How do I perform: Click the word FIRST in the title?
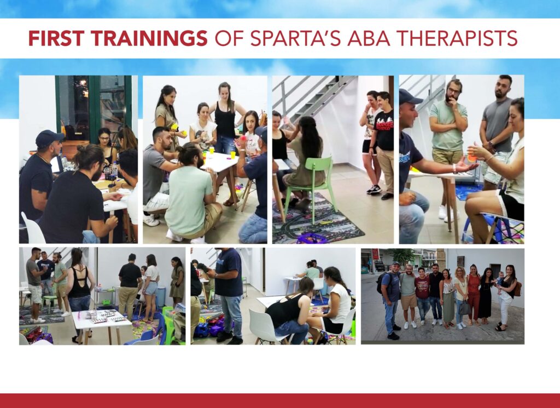56,38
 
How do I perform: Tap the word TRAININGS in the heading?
149,38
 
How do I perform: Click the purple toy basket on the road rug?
311,238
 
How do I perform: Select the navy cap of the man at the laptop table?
49,138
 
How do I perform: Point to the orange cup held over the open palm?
472,158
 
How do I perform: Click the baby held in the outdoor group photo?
500,281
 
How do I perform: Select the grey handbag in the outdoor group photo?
464,308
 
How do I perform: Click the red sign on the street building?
375,254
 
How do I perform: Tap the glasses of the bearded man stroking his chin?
453,90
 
